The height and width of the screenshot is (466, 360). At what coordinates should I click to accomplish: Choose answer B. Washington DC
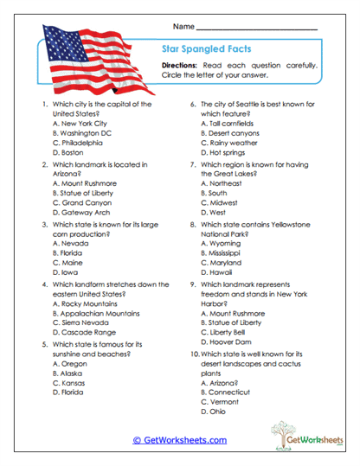coord(81,133)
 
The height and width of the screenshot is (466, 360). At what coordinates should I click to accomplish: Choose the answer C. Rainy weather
coord(228,143)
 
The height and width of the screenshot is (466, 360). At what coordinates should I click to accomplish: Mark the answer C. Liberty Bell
coord(225,331)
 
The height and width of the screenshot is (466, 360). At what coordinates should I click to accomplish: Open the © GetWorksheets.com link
coord(179,440)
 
